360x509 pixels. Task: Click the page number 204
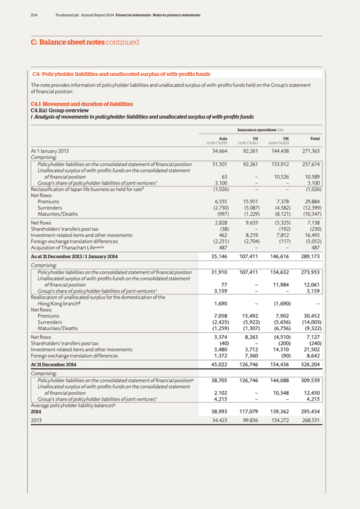(x=34, y=15)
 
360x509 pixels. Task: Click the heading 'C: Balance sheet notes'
(x=67, y=42)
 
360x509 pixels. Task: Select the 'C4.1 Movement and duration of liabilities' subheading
(x=81, y=104)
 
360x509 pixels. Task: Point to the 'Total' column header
(x=314, y=138)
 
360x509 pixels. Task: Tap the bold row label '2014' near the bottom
(x=36, y=411)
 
